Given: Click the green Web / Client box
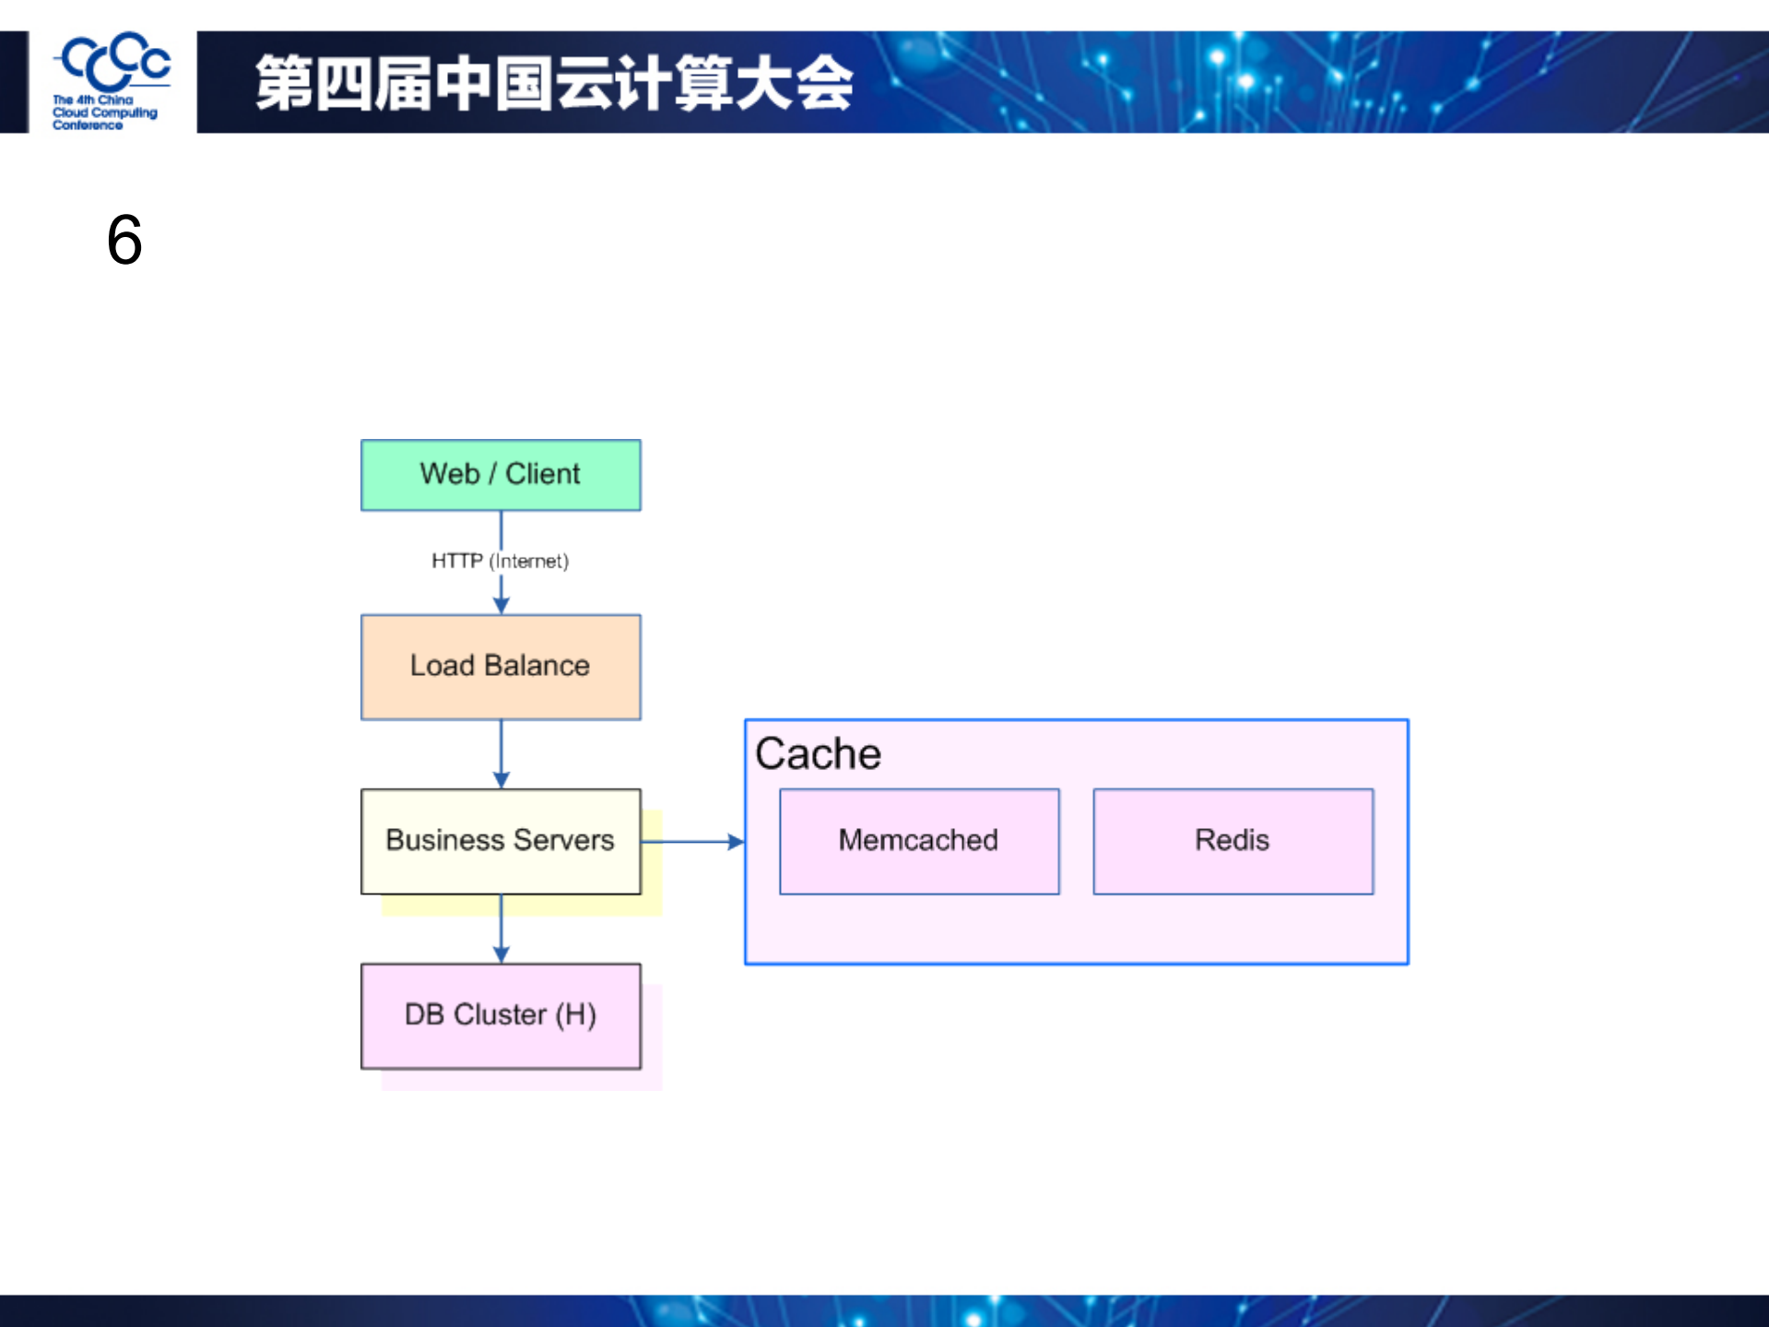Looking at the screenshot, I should click(x=501, y=475).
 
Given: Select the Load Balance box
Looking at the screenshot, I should click(x=501, y=667).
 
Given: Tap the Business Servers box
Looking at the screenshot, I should click(x=501, y=840).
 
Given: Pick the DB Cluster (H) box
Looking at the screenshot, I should click(x=501, y=1015).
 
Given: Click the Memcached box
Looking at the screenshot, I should click(x=918, y=840).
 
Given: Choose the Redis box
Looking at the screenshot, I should click(x=1232, y=840).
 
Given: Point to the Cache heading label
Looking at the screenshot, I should click(x=818, y=753).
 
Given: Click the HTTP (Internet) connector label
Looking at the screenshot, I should click(x=500, y=561).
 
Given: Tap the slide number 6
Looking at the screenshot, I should click(x=124, y=240).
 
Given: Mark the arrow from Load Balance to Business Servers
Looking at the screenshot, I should click(x=501, y=752).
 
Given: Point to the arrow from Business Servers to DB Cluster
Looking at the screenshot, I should click(x=501, y=927).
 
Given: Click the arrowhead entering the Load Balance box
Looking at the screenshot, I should click(x=501, y=606).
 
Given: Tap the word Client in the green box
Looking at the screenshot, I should click(x=542, y=474).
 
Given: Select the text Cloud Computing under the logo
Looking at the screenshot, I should click(x=104, y=113).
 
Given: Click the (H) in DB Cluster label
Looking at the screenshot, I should click(x=575, y=1014).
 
